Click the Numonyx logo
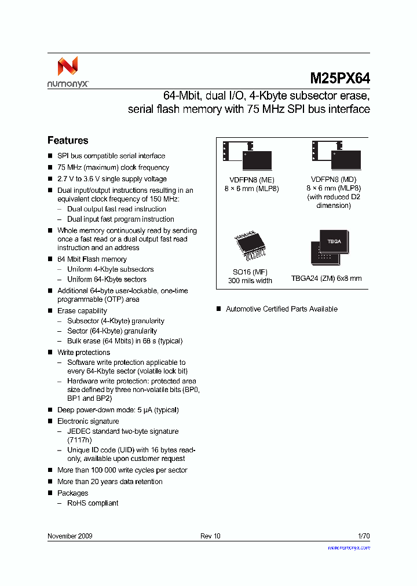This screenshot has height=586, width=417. (x=67, y=72)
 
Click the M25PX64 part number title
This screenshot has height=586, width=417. (x=340, y=78)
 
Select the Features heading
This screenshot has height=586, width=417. (x=68, y=141)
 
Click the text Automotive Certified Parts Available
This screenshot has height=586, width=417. (x=281, y=309)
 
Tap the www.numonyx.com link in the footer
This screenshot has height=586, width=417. (x=349, y=547)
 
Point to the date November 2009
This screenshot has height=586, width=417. (x=69, y=536)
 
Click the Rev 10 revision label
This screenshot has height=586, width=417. (x=210, y=536)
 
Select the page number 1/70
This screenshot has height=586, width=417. (x=364, y=536)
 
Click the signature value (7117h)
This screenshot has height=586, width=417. (x=79, y=440)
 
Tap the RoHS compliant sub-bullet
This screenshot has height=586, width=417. (x=93, y=503)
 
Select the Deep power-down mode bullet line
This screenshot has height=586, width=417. (x=118, y=410)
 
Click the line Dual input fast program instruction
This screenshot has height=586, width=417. (x=120, y=219)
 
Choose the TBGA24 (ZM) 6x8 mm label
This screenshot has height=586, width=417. (x=326, y=279)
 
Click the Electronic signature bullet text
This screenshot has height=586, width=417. (x=88, y=422)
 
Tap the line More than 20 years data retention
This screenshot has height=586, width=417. (x=109, y=482)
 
